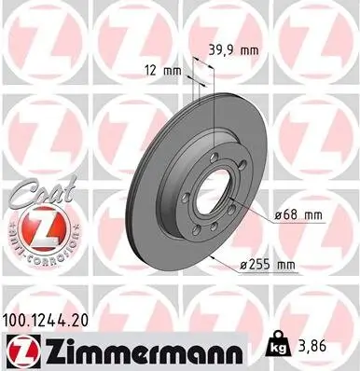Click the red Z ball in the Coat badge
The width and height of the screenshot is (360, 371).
click(x=35, y=227)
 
